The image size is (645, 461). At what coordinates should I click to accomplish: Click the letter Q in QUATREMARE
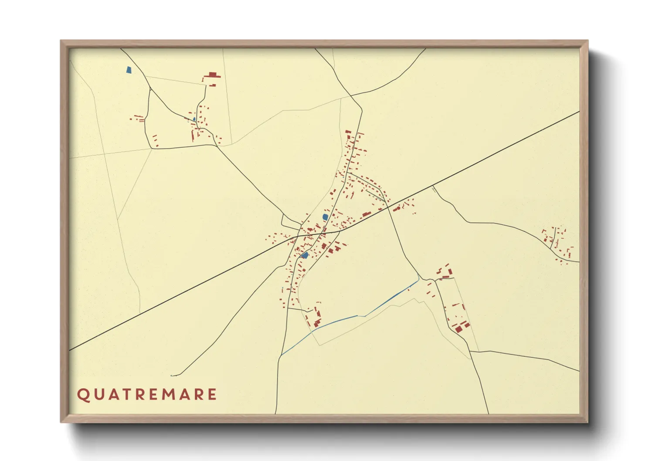pyautogui.click(x=83, y=395)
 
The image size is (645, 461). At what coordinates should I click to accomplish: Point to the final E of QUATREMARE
pyautogui.click(x=212, y=395)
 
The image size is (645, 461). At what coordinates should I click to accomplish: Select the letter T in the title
pyautogui.click(x=124, y=395)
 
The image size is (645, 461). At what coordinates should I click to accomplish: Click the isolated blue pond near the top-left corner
pyautogui.click(x=128, y=70)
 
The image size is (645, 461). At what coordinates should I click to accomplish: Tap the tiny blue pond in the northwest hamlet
pyautogui.click(x=194, y=119)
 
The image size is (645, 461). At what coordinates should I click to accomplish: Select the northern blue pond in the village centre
pyautogui.click(x=325, y=217)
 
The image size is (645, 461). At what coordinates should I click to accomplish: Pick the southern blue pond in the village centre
pyautogui.click(x=305, y=255)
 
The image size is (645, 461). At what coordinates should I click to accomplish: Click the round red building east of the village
pyautogui.click(x=398, y=209)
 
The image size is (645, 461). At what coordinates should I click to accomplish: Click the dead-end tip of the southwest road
pyautogui.click(x=171, y=375)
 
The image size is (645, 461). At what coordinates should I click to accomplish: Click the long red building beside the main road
pyautogui.click(x=366, y=214)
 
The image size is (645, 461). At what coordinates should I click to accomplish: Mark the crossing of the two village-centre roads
pyautogui.click(x=298, y=236)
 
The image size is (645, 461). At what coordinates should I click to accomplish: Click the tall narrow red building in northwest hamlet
pyautogui.click(x=192, y=135)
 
